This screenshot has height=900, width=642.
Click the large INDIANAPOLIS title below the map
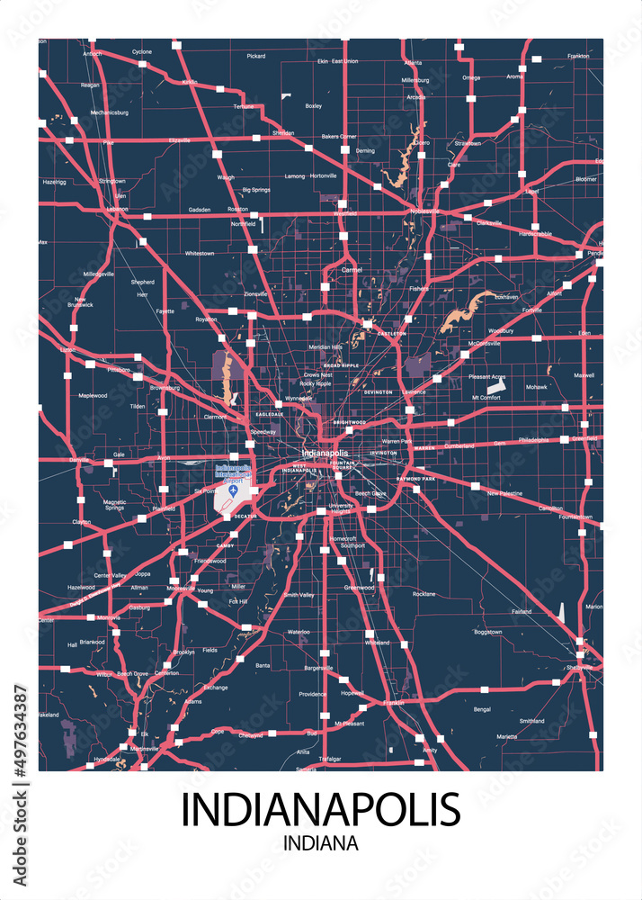click(x=321, y=809)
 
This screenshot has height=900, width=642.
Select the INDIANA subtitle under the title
click(x=320, y=844)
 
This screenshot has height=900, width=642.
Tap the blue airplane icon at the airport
click(x=234, y=490)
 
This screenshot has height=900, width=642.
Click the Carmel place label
click(x=351, y=269)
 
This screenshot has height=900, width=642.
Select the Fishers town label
click(x=419, y=289)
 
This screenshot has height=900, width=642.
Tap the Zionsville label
click(x=255, y=294)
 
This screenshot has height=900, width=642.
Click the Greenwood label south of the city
click(x=359, y=588)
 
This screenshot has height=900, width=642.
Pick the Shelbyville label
click(x=579, y=667)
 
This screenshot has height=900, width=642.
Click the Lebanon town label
click(x=117, y=209)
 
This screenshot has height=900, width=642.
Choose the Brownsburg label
click(x=165, y=388)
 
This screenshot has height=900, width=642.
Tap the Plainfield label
click(x=163, y=508)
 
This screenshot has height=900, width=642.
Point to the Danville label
click(x=80, y=459)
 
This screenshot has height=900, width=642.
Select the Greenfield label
click(x=584, y=439)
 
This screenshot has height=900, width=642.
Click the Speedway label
click(x=263, y=432)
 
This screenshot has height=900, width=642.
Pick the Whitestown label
click(x=200, y=254)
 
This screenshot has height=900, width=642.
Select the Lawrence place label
click(x=414, y=392)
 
